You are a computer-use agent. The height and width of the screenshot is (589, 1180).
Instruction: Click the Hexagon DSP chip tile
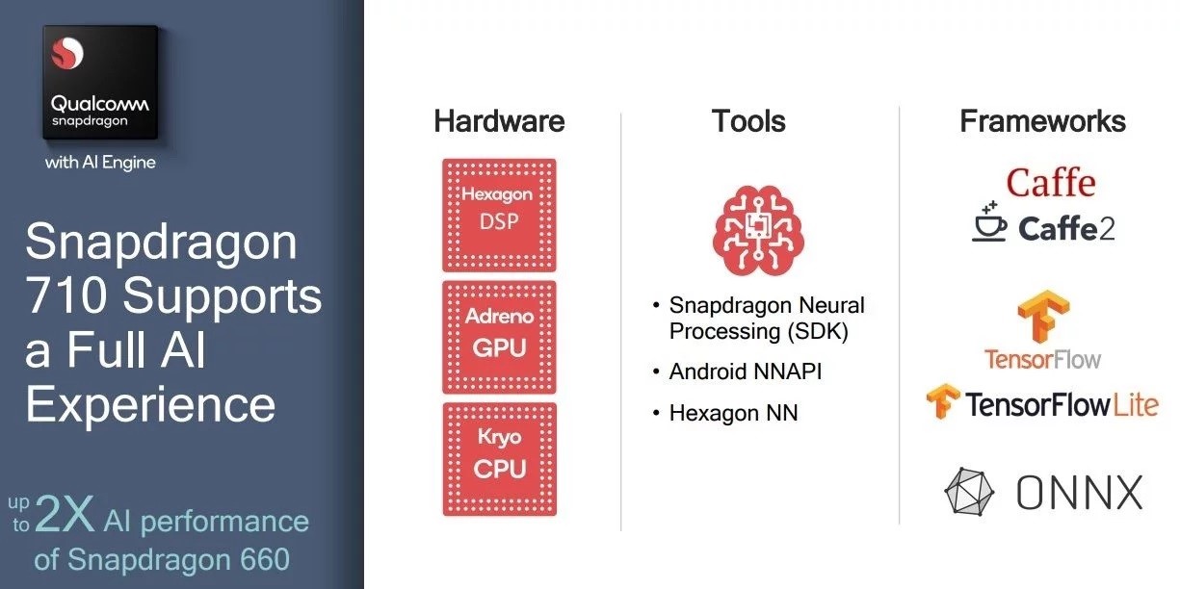[499, 216]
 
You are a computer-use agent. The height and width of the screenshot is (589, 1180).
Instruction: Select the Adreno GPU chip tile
[499, 338]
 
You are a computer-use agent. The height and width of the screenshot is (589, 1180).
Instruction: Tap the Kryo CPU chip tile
[499, 459]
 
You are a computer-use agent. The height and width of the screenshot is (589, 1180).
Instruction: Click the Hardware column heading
[499, 121]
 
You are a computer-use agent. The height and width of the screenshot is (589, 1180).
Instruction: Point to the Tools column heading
[748, 121]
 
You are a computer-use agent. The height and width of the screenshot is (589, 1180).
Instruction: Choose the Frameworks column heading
[1042, 121]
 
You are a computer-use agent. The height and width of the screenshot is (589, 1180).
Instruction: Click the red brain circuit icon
[758, 230]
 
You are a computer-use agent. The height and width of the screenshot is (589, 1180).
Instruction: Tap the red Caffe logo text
[1051, 182]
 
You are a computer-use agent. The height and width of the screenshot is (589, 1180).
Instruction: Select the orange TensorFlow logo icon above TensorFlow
[1043, 317]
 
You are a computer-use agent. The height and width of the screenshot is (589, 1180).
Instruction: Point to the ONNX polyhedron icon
[969, 491]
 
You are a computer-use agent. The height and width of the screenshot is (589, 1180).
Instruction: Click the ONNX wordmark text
[1079, 493]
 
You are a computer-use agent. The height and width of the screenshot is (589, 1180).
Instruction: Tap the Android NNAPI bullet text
[745, 371]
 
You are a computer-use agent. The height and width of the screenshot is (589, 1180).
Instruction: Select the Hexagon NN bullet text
[733, 413]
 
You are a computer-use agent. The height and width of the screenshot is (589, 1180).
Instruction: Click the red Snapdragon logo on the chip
[66, 53]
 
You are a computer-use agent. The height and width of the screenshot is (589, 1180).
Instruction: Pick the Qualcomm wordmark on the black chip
[99, 103]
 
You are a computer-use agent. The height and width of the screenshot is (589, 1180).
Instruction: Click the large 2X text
[65, 514]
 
